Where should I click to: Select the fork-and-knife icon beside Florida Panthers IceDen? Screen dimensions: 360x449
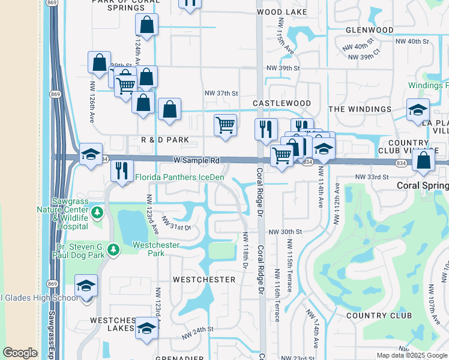pos(122,170)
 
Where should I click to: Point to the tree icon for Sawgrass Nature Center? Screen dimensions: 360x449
pos(97,212)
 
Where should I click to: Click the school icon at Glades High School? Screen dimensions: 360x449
pos(86,286)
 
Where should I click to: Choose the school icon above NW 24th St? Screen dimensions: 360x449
pos(146,328)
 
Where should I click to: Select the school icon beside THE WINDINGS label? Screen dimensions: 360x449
pos(418,110)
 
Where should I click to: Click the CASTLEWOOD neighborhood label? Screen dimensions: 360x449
pos(282,104)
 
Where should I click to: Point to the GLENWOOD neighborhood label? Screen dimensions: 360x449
pos(370,30)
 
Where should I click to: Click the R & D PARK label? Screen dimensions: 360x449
pos(165,140)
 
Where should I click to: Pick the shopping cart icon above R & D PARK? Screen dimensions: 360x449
pos(224,125)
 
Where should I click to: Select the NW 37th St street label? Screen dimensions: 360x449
pos(221,93)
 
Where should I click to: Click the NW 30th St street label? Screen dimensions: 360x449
pos(284,232)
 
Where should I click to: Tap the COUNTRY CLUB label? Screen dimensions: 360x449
pos(379,316)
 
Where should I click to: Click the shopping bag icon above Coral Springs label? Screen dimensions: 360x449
pos(424,160)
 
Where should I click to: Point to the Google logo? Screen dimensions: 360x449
pos(20,353)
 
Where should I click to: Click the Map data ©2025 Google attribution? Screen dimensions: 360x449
pos(411,355)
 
